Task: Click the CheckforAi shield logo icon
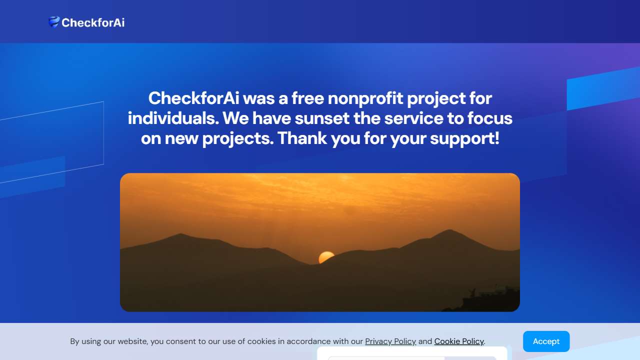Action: pos(53,22)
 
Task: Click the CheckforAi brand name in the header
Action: pos(93,22)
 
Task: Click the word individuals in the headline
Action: pos(173,118)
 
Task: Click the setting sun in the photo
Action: pos(326,257)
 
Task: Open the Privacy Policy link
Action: pos(390,341)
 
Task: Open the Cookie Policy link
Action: pos(459,341)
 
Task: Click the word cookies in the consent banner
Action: pos(261,341)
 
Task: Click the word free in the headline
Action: pos(307,98)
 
